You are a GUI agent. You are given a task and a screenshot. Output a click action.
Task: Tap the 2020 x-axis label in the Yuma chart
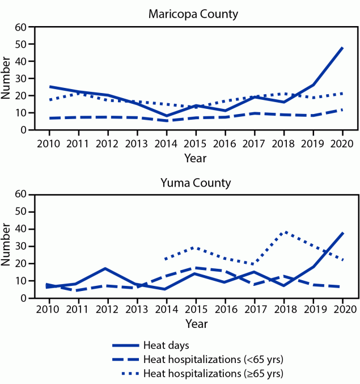point(342,309)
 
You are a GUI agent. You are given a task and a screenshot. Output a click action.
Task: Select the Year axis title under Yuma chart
point(196,324)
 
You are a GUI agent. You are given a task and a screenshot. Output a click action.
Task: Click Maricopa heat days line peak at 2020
point(342,48)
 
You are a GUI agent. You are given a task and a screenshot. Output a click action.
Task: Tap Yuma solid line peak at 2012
point(105,268)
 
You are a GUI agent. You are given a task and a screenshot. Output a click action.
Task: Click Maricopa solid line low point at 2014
point(164,116)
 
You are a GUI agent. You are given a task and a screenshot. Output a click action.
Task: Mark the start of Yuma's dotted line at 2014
point(164,259)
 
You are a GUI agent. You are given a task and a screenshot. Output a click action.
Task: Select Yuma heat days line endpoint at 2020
point(342,233)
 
